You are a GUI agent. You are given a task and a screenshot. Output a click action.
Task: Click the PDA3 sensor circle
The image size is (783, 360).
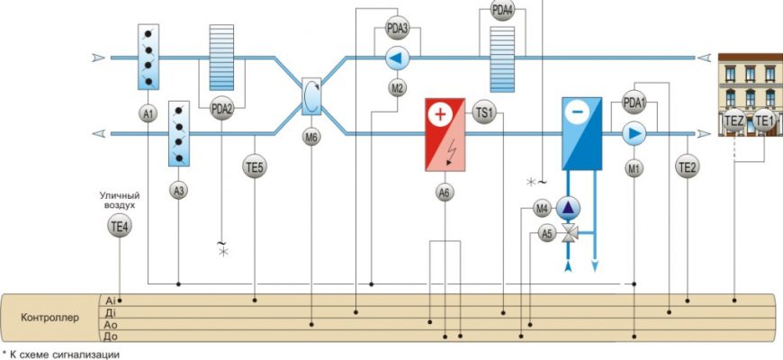[397, 28]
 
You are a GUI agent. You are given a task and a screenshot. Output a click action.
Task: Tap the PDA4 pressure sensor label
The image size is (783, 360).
[503, 11]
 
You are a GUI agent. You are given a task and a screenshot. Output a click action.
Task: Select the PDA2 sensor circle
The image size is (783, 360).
[221, 109]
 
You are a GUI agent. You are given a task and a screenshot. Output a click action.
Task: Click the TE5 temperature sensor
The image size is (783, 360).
[256, 166]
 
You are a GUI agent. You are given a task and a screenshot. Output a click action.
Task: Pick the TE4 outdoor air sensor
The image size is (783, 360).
[120, 228]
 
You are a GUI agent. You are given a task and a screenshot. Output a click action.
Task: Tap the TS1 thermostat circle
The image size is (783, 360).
[485, 113]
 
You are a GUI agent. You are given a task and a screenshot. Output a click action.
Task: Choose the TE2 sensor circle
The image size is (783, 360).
[688, 166]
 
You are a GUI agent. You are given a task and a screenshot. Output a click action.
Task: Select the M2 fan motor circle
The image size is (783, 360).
[397, 88]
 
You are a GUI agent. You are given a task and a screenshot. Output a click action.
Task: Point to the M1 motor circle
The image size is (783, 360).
[634, 167]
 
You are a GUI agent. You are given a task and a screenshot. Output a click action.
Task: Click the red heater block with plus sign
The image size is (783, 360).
[444, 134]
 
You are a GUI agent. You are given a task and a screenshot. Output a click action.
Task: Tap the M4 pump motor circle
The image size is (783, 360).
[542, 209]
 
